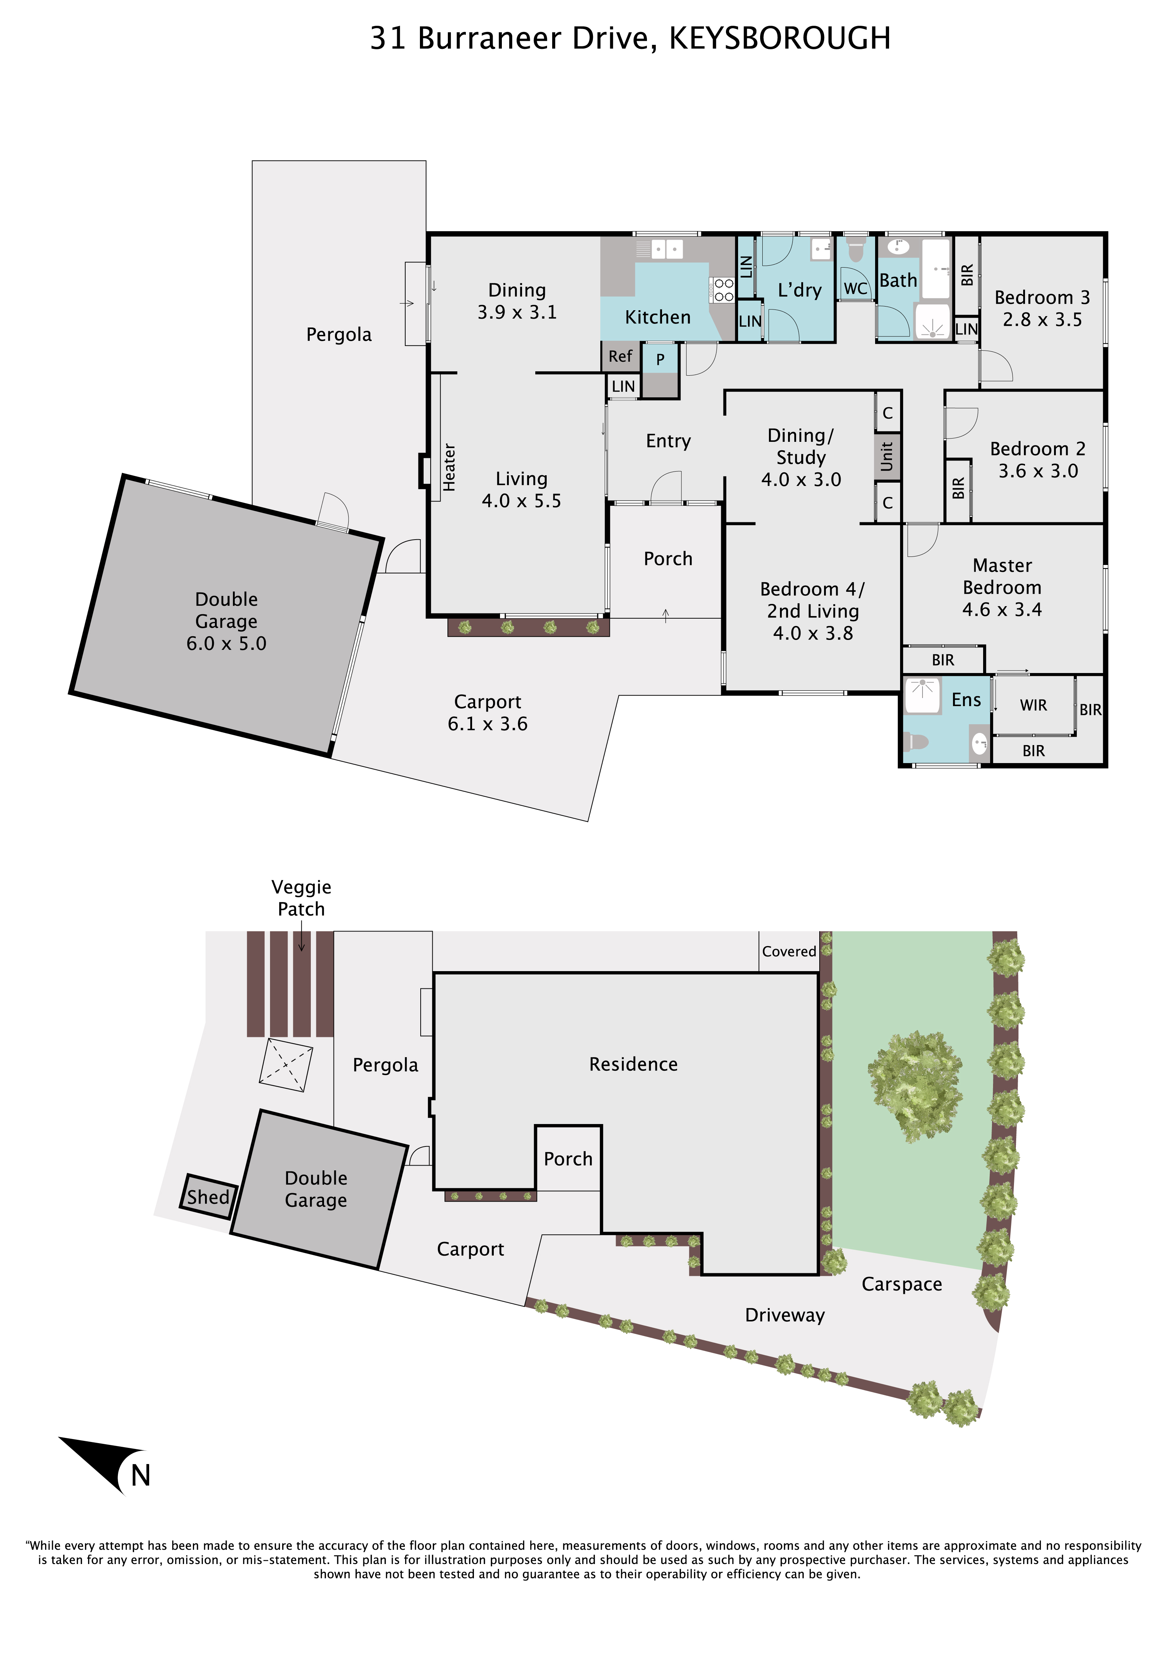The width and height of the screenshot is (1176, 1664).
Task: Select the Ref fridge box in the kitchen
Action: click(620, 356)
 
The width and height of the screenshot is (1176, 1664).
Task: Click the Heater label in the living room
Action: click(449, 468)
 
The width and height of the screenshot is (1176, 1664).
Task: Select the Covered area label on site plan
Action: click(789, 951)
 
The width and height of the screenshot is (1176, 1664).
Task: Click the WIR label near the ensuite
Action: click(1033, 705)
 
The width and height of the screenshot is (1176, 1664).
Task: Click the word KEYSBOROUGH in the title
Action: click(780, 38)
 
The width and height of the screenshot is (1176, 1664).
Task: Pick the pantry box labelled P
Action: click(660, 358)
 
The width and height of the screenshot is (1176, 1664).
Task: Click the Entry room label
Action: click(668, 441)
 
